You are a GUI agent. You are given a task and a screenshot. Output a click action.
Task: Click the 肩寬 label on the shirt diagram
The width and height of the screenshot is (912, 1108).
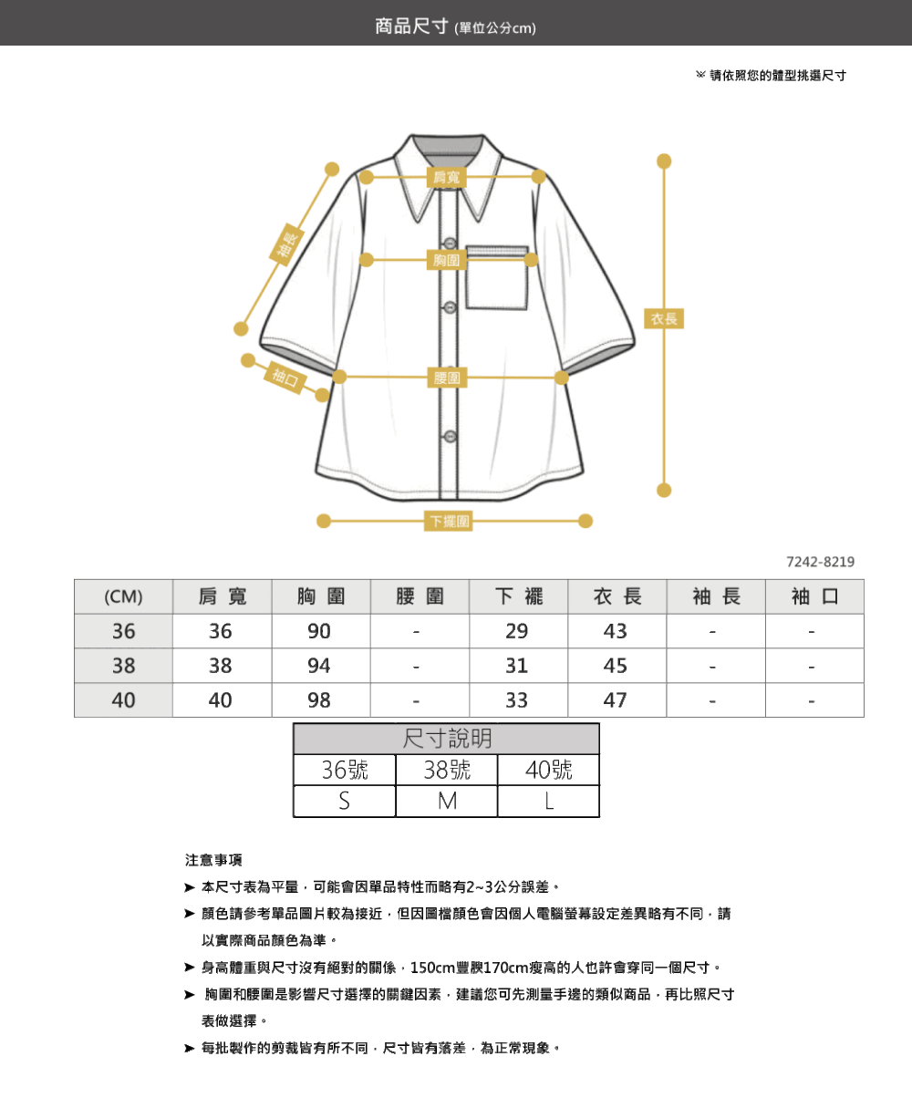447,177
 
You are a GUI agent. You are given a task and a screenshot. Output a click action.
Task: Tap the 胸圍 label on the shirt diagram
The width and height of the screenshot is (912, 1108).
447,260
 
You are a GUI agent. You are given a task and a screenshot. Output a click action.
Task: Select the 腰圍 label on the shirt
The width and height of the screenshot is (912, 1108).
447,378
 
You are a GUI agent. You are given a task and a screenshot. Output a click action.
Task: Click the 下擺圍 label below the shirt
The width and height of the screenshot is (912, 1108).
448,521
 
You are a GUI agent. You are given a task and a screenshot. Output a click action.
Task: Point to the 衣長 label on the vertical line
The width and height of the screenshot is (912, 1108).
664,318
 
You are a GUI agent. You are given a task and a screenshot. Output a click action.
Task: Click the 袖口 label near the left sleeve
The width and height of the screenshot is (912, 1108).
285,378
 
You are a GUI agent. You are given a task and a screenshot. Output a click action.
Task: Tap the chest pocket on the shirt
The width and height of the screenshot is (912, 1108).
496,277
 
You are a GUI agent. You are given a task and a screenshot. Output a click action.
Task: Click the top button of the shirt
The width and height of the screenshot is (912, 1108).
450,243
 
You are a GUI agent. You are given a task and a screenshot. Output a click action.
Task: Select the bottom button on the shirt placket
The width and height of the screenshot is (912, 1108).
450,436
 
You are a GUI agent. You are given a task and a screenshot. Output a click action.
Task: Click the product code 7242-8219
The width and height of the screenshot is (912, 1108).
820,562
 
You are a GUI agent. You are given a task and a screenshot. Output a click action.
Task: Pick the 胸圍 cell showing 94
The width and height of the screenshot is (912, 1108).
319,666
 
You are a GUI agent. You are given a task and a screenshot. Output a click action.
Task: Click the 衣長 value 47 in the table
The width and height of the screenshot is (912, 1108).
616,699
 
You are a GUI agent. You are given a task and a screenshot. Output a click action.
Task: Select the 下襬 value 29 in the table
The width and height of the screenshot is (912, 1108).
516,631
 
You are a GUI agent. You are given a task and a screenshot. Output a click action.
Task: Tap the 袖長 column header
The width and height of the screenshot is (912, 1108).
716,596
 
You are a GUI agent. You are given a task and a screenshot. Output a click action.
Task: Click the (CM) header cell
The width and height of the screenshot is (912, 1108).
123,596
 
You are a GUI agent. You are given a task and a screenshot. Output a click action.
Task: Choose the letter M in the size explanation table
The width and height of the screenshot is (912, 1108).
447,802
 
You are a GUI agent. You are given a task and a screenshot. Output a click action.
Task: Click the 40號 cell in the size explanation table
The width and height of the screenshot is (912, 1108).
548,770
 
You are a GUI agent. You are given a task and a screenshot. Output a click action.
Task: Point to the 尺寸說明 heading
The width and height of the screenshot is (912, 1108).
447,739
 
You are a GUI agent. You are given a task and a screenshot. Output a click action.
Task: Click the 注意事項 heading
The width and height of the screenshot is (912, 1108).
213,860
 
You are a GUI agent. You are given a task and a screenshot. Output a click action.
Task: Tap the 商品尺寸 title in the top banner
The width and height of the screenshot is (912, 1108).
411,26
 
